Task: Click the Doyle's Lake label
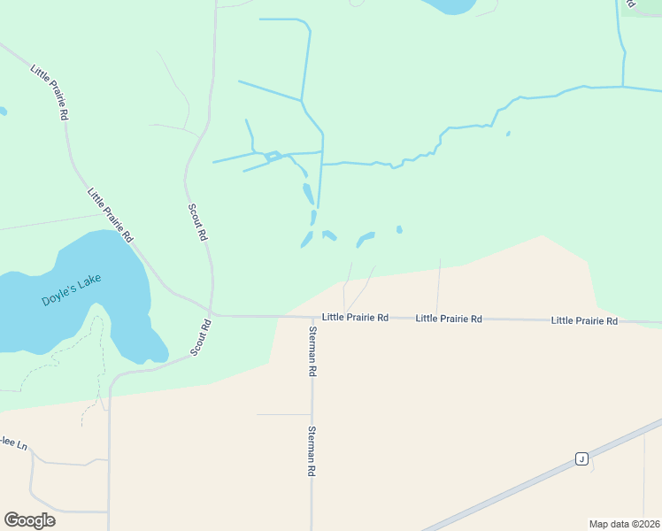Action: click(71, 290)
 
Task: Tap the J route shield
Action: click(581, 458)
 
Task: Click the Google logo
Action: click(29, 519)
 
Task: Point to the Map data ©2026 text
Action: click(624, 524)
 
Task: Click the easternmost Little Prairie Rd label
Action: click(584, 320)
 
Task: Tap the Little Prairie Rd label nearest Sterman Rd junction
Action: click(355, 317)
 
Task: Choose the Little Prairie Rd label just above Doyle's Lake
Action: click(110, 214)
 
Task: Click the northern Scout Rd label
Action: click(197, 222)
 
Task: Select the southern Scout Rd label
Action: click(202, 337)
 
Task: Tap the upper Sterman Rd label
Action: click(312, 351)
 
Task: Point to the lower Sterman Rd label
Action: click(312, 451)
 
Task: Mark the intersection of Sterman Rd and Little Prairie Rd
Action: click(312, 316)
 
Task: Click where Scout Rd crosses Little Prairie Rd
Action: click(211, 313)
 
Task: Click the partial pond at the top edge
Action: click(451, 5)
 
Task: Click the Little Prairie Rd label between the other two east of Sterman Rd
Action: click(449, 318)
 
